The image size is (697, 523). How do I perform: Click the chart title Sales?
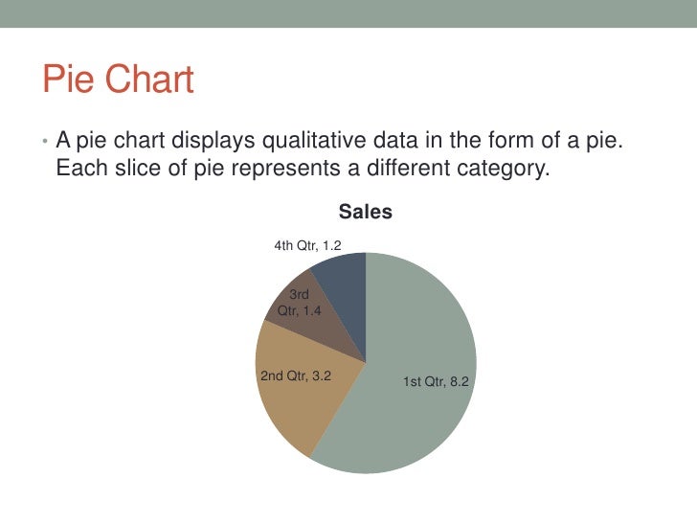(x=366, y=213)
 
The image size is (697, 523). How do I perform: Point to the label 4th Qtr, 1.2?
(x=307, y=246)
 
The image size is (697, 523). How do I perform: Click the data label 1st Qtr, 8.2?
(x=436, y=382)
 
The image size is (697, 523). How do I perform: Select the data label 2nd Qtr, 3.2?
(x=296, y=375)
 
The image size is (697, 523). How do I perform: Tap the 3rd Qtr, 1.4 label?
(x=299, y=303)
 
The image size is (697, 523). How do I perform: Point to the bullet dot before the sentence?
(x=44, y=144)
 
